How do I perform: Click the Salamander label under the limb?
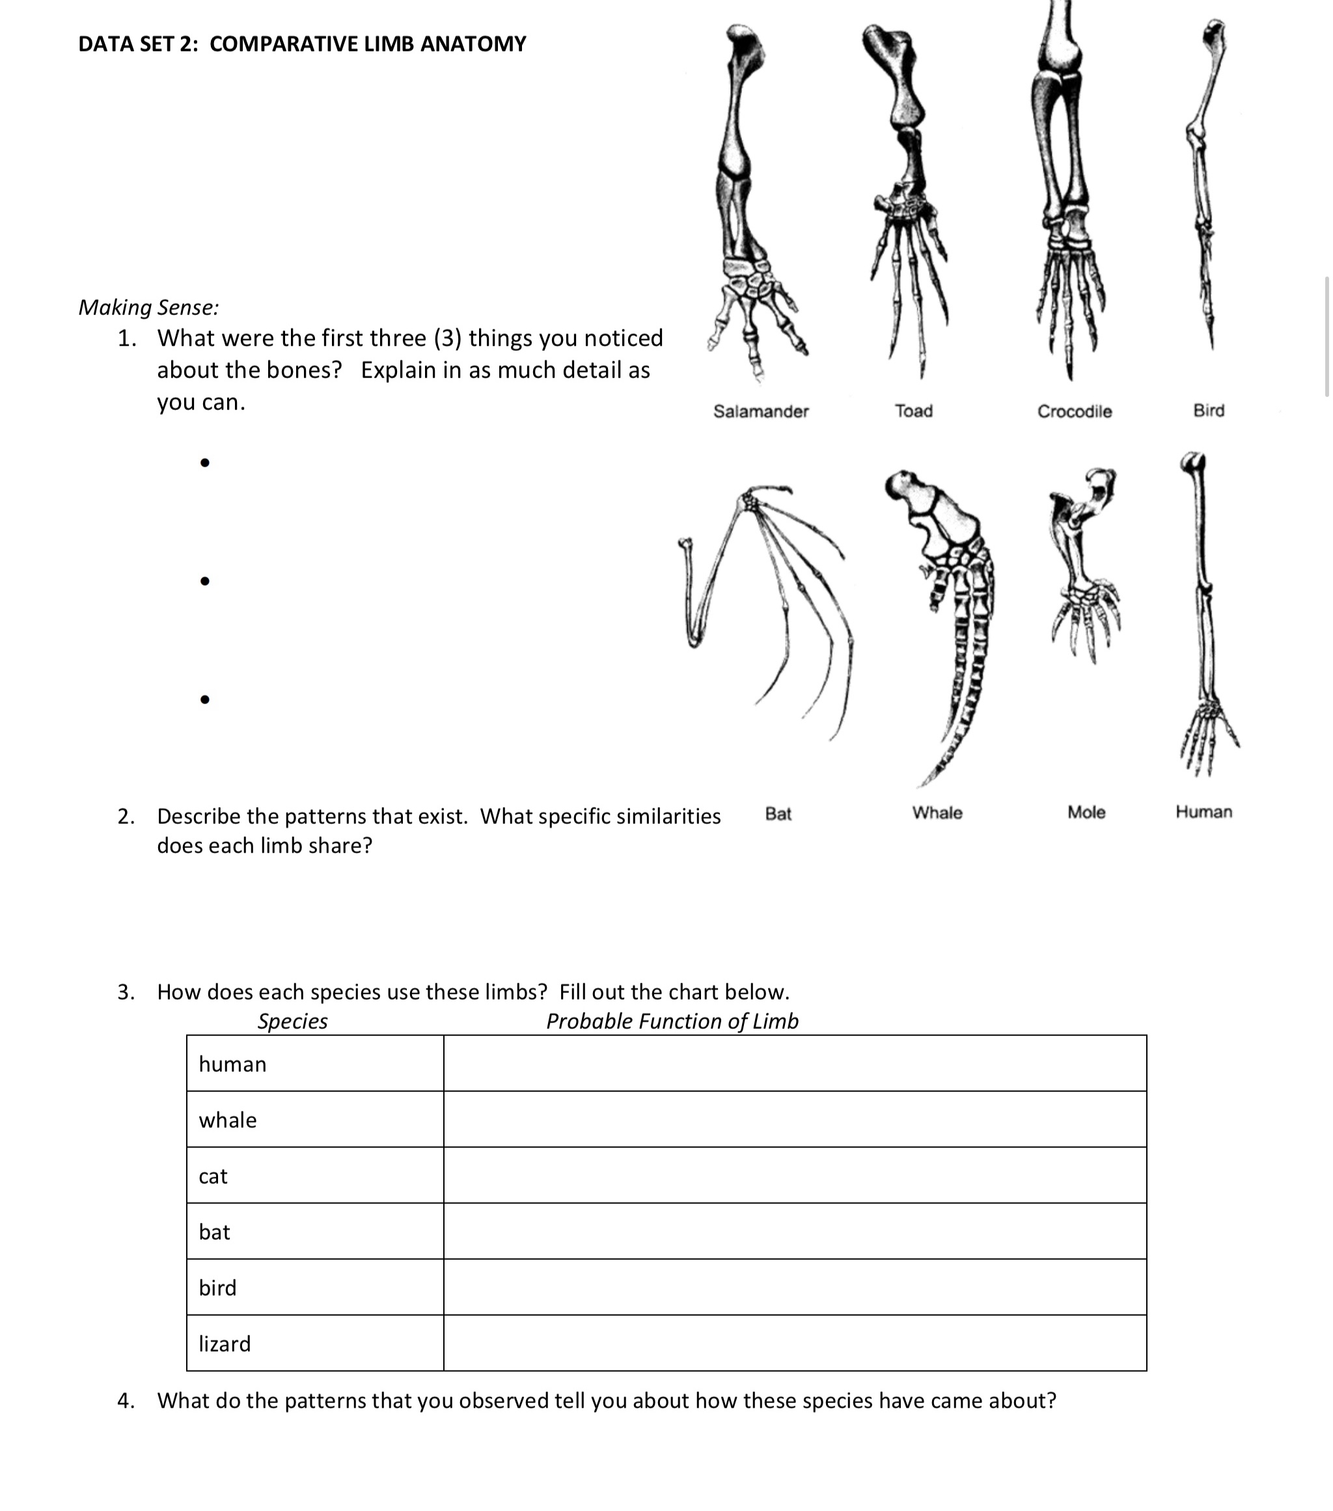pos(760,411)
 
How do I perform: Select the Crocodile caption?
pos(1073,411)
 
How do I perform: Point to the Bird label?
pos(1208,409)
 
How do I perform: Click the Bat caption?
pos(778,813)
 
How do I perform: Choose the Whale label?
pos(937,812)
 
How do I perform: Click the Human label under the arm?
pos(1203,811)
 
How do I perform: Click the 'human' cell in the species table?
pos(232,1064)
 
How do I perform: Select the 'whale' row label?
pos(228,1120)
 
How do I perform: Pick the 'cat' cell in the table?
pos(213,1175)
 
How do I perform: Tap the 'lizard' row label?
pos(224,1343)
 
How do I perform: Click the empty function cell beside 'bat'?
pos(794,1232)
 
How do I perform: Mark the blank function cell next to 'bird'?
pos(794,1287)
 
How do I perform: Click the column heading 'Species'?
pos(292,1021)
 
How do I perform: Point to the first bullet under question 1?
pos(205,463)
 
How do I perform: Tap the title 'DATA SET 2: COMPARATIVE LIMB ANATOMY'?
pos(301,44)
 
